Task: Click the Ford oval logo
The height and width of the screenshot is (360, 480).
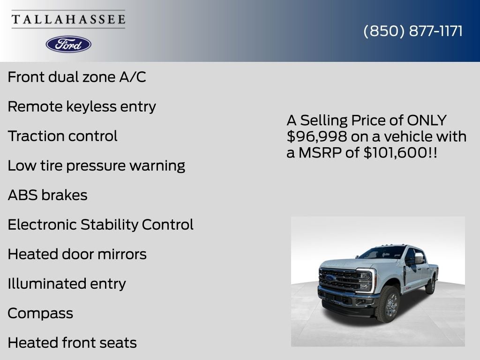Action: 68,44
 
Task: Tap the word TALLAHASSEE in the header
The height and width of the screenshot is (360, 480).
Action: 68,19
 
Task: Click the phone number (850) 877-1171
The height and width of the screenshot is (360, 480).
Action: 413,31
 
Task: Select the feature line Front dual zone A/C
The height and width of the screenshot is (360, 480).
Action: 77,77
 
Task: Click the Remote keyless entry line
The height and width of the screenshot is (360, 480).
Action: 82,106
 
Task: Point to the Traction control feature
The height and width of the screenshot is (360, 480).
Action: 62,136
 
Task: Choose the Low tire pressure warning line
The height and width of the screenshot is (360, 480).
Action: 96,165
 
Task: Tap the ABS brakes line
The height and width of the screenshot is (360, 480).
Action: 47,195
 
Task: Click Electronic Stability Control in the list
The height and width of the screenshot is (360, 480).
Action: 100,225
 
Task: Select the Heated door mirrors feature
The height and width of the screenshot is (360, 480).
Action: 77,254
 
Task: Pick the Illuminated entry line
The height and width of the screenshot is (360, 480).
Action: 67,284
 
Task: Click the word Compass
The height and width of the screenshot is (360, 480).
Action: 40,313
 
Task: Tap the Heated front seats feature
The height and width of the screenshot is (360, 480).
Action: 72,343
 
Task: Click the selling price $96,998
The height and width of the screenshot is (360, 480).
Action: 317,137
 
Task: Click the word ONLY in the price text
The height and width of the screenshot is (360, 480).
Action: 427,120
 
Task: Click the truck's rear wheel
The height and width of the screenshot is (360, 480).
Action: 430,285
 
